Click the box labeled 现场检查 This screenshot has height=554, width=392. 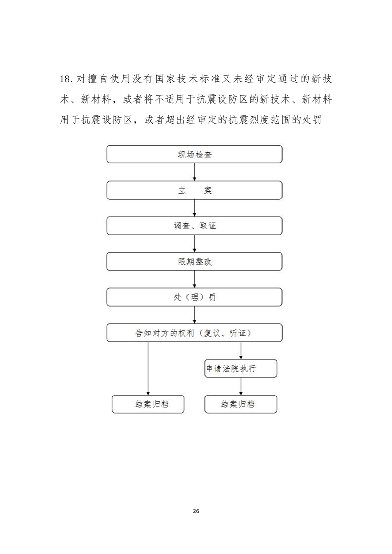(x=194, y=155)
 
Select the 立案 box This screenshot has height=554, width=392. (x=194, y=190)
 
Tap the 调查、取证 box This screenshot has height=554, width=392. (x=194, y=226)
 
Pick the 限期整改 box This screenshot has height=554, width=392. (x=194, y=262)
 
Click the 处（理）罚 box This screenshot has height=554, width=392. (x=194, y=297)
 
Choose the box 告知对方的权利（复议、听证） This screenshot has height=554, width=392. (x=194, y=333)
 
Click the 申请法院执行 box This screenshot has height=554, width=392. (x=241, y=368)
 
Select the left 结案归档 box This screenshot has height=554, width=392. (x=148, y=404)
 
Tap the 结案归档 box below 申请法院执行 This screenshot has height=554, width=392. (x=241, y=404)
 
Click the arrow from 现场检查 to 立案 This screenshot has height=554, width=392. (x=194, y=172)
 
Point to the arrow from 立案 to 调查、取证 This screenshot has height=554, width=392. (x=194, y=208)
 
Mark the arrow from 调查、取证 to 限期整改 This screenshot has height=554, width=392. (x=194, y=244)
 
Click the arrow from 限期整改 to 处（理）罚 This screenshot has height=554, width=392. (x=194, y=279)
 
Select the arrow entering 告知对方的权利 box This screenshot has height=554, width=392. (x=194, y=315)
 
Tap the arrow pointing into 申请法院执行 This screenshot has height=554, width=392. (x=241, y=351)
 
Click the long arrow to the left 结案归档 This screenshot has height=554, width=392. (x=148, y=368)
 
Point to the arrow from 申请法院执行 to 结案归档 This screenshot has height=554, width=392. (x=241, y=387)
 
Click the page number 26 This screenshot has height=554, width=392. (x=196, y=511)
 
